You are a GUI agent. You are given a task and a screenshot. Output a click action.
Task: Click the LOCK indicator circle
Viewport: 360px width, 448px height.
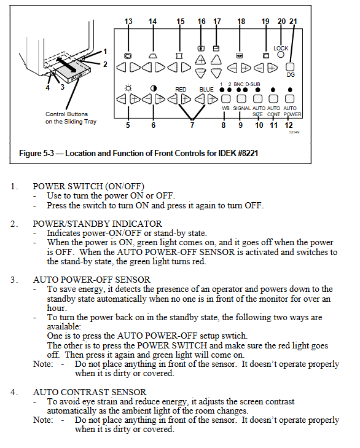281,54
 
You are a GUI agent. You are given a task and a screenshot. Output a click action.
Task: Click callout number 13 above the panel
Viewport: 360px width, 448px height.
128,22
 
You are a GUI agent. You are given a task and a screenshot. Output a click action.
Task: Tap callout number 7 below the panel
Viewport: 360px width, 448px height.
192,125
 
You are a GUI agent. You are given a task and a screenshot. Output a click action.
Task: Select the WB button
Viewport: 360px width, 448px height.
226,99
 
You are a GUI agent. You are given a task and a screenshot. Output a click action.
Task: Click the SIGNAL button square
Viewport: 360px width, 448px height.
241,99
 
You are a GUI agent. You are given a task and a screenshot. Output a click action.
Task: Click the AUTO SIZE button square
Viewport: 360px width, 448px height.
258,99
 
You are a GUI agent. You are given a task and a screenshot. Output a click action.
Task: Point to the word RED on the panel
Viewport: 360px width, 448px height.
181,90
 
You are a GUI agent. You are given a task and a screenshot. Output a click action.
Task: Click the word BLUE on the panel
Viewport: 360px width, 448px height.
206,90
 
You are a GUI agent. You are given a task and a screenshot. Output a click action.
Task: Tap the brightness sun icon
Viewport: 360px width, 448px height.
128,88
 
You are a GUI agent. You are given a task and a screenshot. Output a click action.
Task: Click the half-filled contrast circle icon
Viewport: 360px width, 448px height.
154,88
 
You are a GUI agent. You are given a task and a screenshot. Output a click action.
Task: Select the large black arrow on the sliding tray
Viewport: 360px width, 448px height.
66,65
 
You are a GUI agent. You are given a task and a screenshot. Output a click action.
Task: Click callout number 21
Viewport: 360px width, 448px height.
294,22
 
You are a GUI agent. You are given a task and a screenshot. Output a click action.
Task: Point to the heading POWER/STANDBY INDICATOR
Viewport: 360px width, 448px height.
98,224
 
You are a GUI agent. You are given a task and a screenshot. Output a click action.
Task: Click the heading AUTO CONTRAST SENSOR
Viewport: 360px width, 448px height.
90,392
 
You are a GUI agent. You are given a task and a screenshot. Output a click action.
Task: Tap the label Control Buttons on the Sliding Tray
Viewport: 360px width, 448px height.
71,118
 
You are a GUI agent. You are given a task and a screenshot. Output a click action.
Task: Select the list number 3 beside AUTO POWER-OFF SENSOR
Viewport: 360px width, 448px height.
14,280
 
